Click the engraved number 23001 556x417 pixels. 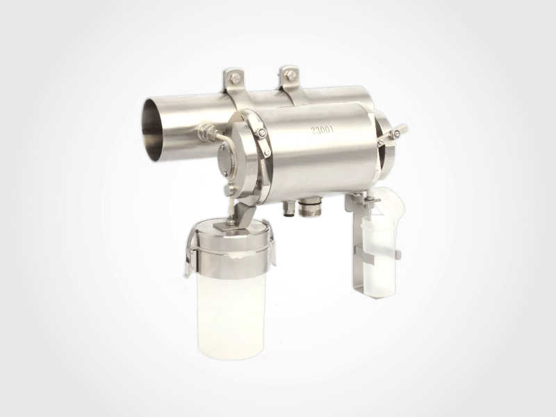[322, 131]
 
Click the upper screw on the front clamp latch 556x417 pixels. [262, 132]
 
